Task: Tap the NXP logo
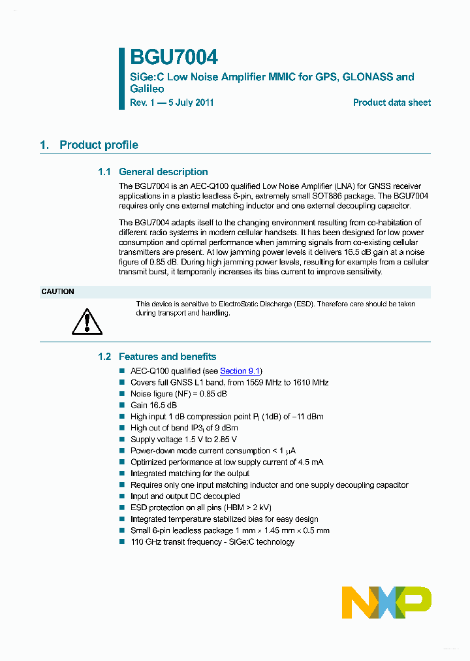(x=386, y=602)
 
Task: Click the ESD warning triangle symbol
(x=87, y=320)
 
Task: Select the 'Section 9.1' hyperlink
(x=240, y=371)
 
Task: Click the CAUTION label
(x=58, y=291)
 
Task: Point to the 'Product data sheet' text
(x=392, y=103)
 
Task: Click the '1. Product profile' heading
(x=89, y=145)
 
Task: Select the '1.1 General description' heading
(x=153, y=172)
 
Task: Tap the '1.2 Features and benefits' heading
(x=157, y=357)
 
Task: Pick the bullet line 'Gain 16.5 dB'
(x=153, y=405)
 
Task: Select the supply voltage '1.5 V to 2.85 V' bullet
(x=183, y=440)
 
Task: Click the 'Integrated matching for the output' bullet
(x=189, y=474)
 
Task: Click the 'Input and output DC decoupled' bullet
(x=185, y=496)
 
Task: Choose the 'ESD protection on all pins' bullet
(x=200, y=508)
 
